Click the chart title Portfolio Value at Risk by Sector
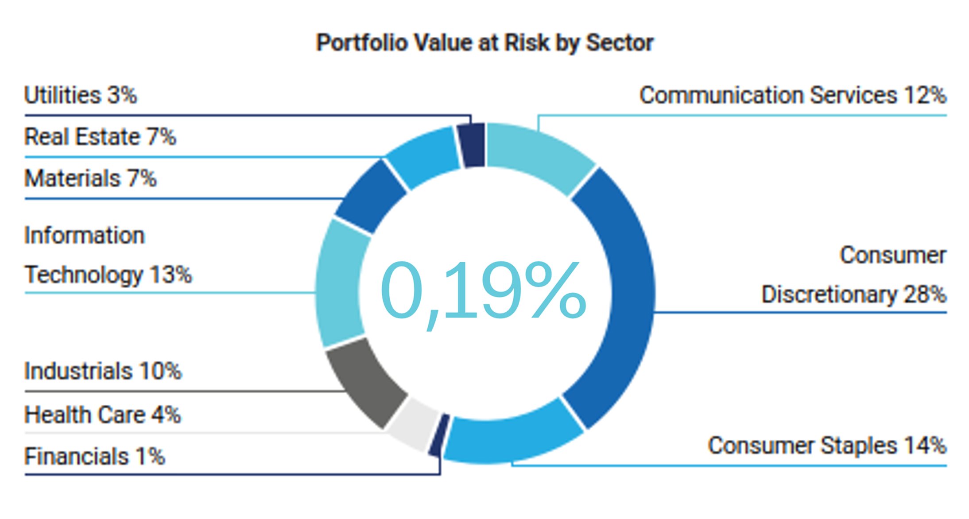coord(484,43)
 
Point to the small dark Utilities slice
coord(472,145)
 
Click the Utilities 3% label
coord(81,95)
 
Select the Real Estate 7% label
coord(100,137)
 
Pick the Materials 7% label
coord(90,178)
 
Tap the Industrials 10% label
coord(103,371)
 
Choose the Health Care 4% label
coord(102,415)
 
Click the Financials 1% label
coord(94,457)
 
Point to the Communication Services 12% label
coord(793,95)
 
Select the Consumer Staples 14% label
coord(827,445)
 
